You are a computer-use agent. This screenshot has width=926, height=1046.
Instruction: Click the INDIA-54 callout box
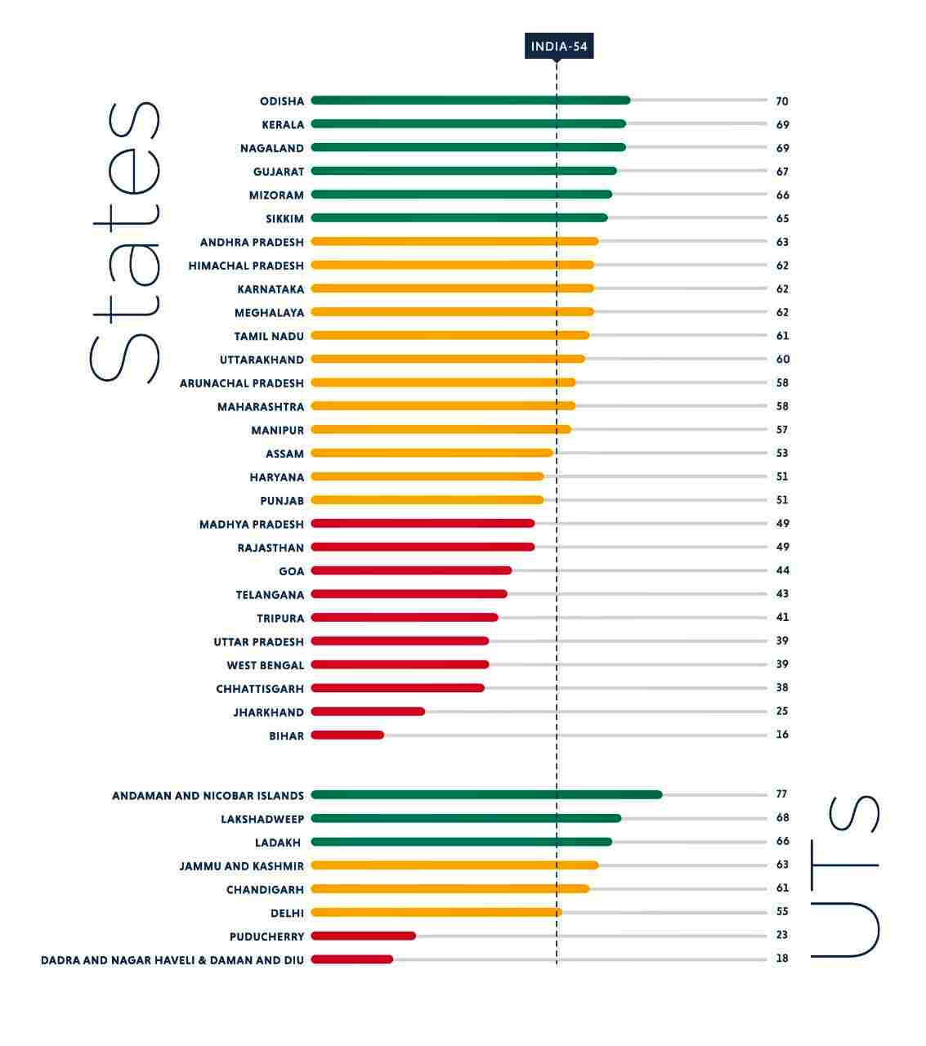[558, 47]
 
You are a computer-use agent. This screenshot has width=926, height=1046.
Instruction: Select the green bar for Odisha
[470, 101]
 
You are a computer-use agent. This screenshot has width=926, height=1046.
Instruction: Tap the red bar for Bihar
[347, 735]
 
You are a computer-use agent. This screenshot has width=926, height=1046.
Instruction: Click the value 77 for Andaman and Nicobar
[781, 794]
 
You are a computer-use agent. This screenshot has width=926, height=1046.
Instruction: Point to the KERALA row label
[283, 125]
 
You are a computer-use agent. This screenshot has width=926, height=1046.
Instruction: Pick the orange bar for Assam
[432, 453]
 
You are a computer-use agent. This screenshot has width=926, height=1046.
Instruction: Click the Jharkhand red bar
[368, 712]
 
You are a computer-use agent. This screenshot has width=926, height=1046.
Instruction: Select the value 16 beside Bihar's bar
[782, 735]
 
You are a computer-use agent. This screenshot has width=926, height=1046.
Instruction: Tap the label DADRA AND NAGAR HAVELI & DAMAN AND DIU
[172, 960]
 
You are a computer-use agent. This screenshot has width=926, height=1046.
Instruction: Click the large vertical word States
[124, 243]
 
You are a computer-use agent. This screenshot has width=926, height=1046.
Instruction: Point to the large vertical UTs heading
[845, 876]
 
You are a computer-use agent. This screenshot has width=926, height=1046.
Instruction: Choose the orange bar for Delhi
[436, 913]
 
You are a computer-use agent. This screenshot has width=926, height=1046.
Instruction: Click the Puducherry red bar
[363, 936]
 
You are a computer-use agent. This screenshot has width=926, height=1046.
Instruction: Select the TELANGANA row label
[270, 595]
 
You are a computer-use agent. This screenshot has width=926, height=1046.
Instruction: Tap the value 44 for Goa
[782, 570]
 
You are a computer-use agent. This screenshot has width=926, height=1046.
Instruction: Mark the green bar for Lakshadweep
[466, 818]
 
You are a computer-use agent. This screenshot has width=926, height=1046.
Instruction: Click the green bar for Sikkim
[459, 218]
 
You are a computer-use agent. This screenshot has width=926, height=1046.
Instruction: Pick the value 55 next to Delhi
[782, 912]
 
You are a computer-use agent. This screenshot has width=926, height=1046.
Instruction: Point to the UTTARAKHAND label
[262, 360]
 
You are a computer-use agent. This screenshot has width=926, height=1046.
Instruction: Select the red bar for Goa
[411, 570]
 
